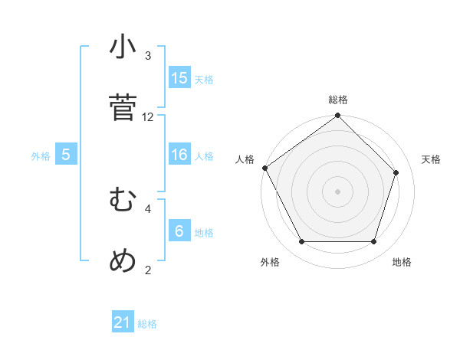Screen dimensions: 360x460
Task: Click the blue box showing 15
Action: click(x=179, y=78)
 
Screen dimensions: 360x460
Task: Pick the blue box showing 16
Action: click(x=179, y=155)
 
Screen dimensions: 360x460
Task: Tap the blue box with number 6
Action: click(x=179, y=231)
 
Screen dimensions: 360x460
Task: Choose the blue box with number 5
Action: click(x=66, y=155)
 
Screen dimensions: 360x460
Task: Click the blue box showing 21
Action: click(x=123, y=323)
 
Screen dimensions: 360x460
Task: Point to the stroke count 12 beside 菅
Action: click(x=148, y=116)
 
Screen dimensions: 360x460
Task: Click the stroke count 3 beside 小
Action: click(x=148, y=56)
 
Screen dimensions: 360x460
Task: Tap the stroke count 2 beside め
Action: click(x=148, y=270)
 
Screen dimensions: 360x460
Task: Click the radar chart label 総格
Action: click(x=338, y=100)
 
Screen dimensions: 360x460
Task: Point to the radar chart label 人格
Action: click(x=245, y=159)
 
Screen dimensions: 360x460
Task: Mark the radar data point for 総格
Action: click(x=338, y=116)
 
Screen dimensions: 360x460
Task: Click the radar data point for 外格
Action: click(x=301, y=242)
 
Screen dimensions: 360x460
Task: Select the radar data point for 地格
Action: click(x=374, y=242)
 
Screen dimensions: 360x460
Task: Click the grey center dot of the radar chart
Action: click(x=338, y=191)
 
